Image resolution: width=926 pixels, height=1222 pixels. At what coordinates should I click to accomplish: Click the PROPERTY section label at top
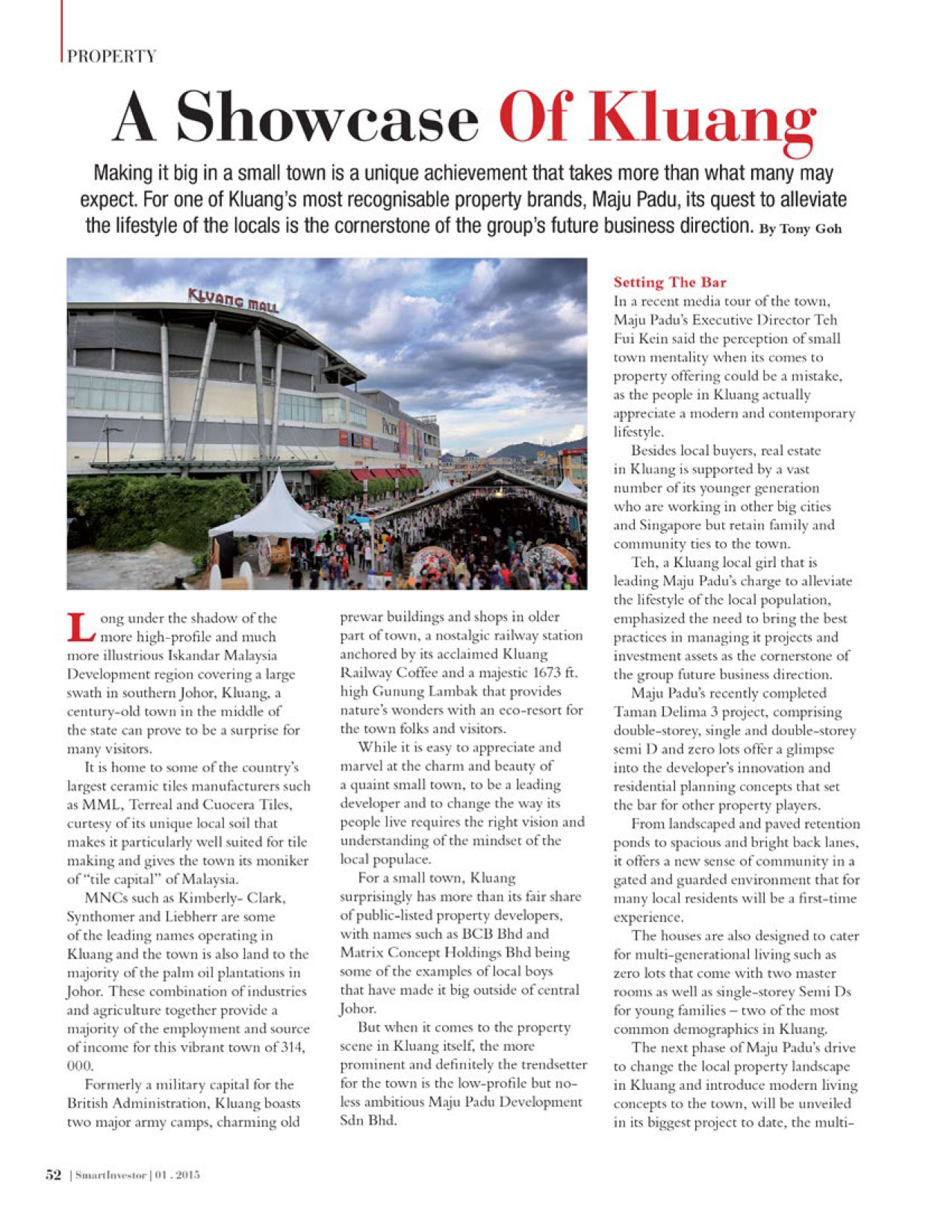coord(112,56)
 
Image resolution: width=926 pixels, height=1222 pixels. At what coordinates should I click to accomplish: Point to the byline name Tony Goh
coord(811,229)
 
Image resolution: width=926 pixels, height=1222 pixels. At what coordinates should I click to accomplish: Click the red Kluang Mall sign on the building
coord(234,302)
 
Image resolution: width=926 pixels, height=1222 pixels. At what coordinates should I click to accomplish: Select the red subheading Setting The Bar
coord(670,282)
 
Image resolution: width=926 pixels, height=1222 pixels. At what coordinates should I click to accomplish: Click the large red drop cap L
coord(81,627)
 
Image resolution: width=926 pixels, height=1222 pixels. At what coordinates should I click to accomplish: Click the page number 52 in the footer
coord(52,1175)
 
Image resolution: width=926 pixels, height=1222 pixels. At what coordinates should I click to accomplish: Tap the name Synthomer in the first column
coord(100,917)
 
